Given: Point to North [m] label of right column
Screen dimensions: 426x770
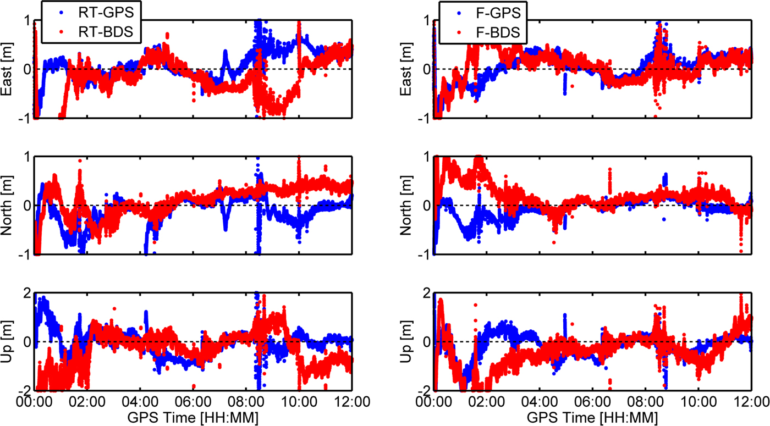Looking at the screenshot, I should (408, 205).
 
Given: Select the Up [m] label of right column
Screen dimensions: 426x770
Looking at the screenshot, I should (408, 341).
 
